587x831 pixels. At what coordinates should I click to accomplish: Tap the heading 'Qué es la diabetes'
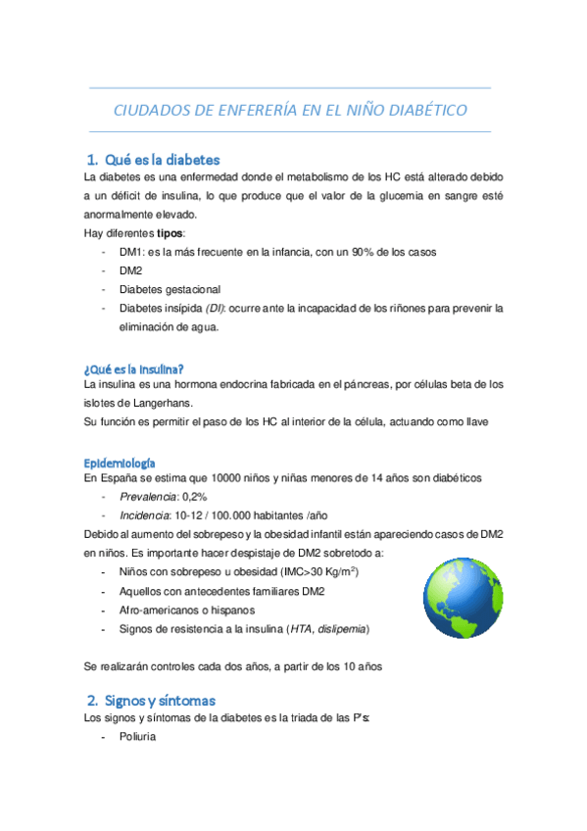click(x=162, y=159)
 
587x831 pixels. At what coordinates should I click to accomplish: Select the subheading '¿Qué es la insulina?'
click(x=134, y=368)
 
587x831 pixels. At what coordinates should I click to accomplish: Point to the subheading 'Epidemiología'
click(x=121, y=462)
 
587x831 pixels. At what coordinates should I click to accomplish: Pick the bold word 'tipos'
click(x=170, y=233)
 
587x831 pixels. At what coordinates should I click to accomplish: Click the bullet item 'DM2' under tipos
click(x=130, y=270)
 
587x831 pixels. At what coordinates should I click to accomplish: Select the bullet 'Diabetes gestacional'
click(x=170, y=289)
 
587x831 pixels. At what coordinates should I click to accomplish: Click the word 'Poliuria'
click(x=139, y=738)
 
